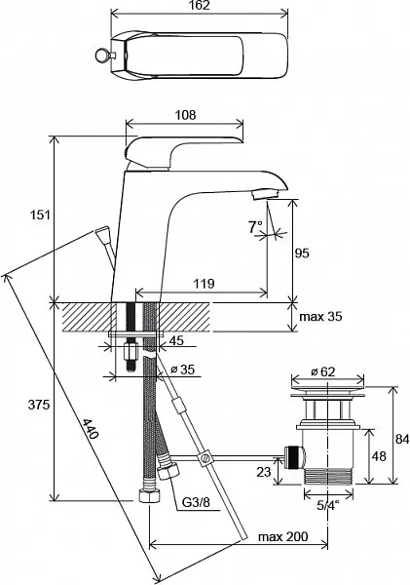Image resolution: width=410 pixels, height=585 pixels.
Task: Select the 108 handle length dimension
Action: (x=186, y=114)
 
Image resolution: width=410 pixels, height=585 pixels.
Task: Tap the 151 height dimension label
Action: (x=40, y=215)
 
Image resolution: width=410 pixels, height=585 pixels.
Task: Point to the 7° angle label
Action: (x=256, y=227)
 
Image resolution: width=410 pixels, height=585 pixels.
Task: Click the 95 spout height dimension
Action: (x=302, y=253)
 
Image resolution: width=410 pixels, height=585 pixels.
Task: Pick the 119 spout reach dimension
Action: (x=204, y=284)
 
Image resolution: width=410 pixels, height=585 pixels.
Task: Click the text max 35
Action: (x=320, y=316)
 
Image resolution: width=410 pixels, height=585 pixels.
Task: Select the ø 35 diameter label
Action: (x=182, y=370)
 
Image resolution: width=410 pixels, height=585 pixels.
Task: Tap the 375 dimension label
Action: (x=39, y=405)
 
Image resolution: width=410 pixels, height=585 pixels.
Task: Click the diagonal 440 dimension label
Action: (x=91, y=429)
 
